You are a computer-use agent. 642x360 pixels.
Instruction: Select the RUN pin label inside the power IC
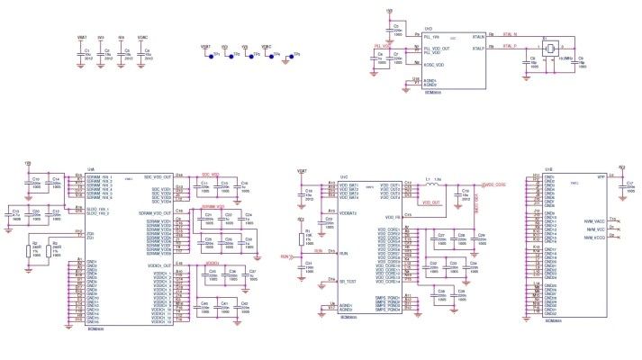point(343,254)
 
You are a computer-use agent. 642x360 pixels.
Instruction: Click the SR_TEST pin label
point(348,283)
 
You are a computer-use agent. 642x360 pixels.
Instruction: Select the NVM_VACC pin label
point(593,219)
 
